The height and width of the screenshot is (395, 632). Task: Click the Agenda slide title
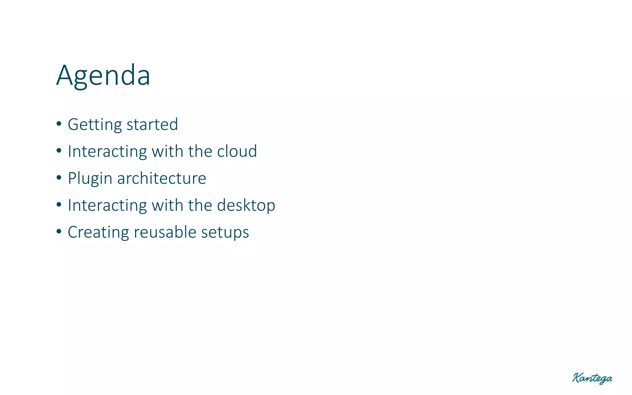[103, 76]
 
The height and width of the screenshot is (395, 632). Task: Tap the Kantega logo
[592, 378]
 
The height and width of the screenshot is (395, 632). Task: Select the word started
[152, 124]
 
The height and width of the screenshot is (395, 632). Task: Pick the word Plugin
[90, 179]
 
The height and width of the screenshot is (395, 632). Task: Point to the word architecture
[161, 178]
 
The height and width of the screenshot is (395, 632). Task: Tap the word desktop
[246, 206]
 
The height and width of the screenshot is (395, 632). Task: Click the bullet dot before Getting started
[59, 124]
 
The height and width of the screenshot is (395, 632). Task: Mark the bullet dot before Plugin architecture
[59, 178]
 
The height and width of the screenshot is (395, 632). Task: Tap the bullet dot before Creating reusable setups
[59, 232]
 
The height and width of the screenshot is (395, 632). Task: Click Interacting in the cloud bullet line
[107, 152]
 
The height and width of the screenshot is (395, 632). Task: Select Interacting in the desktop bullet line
[107, 206]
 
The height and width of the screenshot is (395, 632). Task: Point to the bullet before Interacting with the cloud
[59, 151]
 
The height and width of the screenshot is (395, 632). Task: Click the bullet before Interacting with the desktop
[59, 205]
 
